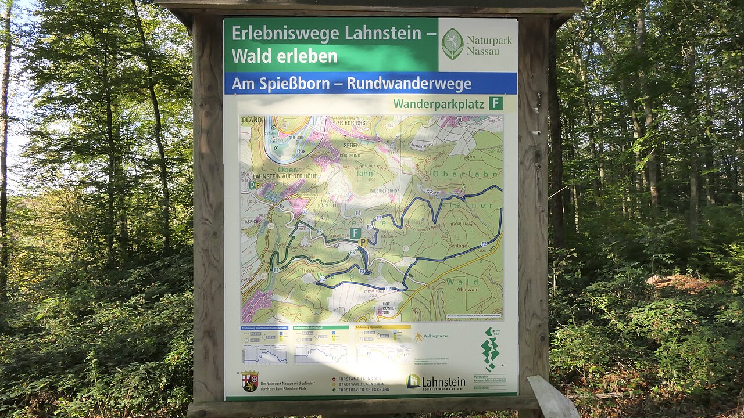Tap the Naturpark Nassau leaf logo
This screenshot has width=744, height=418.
click(452, 44)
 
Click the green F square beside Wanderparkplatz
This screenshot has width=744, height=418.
click(495, 103)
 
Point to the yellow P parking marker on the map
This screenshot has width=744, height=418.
click(363, 242)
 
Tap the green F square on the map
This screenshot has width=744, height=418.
click(355, 233)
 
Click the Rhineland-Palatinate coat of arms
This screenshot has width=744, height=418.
click(250, 381)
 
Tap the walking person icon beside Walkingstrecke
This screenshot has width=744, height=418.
click(419, 337)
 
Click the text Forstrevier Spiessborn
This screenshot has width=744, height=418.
click(360, 390)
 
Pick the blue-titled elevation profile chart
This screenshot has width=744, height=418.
click(264, 354)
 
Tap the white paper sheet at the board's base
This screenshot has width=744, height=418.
click(552, 398)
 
